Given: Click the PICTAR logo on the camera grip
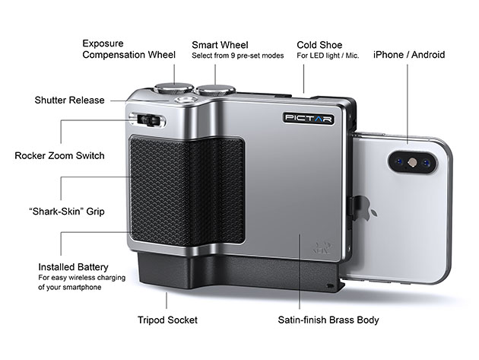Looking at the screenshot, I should click(x=308, y=118).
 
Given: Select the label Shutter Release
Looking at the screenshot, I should click(x=70, y=100).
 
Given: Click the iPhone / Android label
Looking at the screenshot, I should click(x=409, y=55).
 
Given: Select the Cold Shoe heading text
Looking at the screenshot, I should click(x=319, y=44).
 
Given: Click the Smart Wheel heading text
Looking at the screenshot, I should click(x=220, y=44).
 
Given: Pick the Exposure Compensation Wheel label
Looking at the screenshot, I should click(x=128, y=49).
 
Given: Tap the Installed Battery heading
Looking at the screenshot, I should click(x=73, y=267).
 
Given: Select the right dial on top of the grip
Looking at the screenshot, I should click(x=215, y=90).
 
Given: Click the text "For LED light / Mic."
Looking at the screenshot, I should click(x=327, y=56).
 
